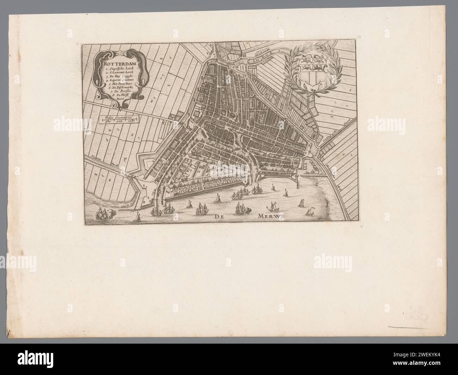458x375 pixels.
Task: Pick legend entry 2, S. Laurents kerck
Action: coord(119,75)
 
